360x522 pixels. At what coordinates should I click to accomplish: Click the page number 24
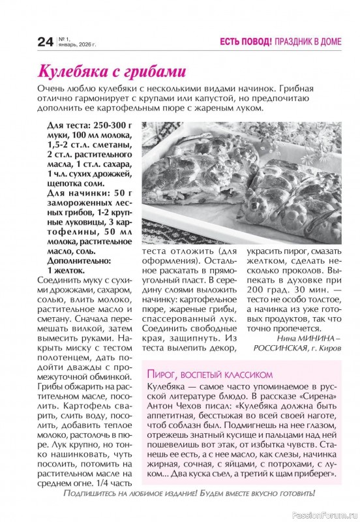tap(44, 43)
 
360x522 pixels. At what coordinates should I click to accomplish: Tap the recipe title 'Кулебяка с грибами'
tap(111, 70)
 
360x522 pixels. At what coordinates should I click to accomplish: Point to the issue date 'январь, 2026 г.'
tap(77, 45)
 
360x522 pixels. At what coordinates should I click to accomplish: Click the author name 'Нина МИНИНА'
tap(301, 339)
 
